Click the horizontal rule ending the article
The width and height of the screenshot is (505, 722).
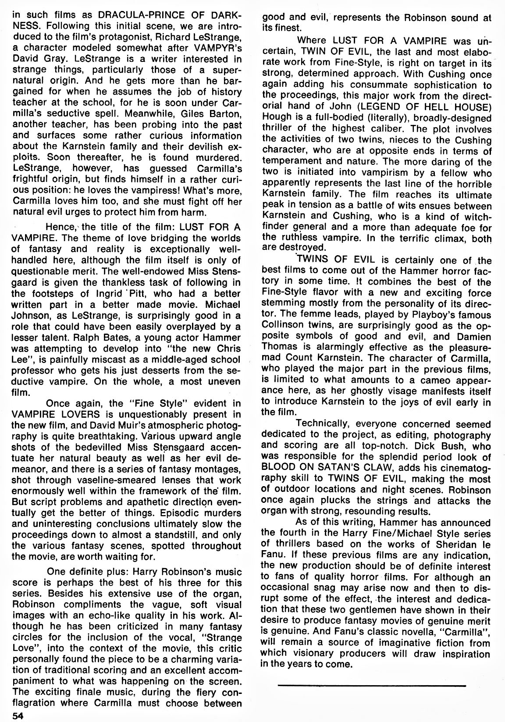coord(371,684)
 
